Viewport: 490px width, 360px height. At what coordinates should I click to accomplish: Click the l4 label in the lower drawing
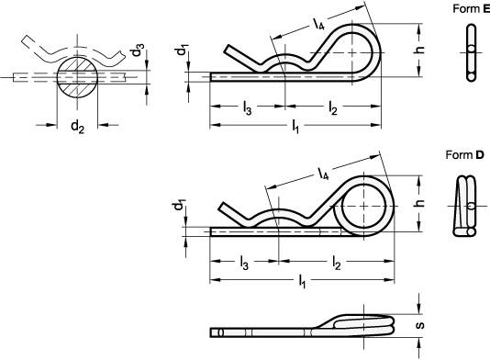[x=324, y=170]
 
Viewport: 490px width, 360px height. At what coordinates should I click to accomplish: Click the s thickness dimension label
[x=419, y=325]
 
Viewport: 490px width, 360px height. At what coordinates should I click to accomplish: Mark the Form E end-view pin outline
[x=471, y=51]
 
